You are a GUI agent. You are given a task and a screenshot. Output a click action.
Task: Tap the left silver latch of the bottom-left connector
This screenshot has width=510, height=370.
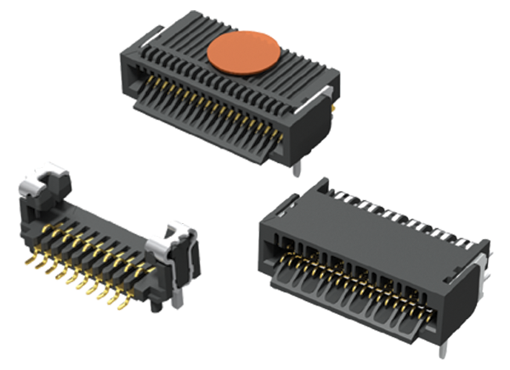42,182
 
